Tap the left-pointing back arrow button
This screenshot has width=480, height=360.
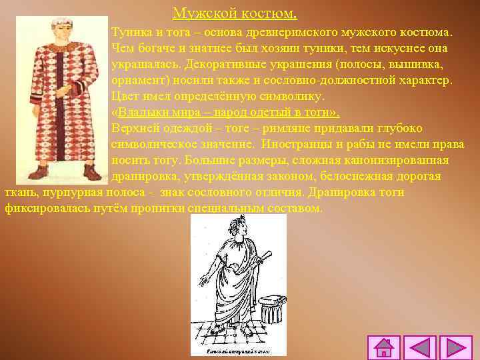pyautogui.click(x=420, y=347)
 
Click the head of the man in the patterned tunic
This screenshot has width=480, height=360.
pyautogui.click(x=59, y=30)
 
